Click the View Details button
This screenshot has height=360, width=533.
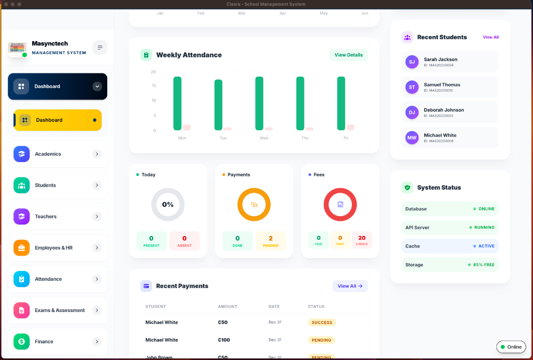[x=348, y=55]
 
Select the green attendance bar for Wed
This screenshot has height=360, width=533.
[x=259, y=103]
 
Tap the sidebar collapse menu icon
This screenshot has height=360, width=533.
[x=100, y=47]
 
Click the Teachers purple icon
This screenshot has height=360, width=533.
[x=21, y=217]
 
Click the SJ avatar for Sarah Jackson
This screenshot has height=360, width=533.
[x=412, y=62]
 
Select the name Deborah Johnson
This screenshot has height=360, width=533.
[x=443, y=110]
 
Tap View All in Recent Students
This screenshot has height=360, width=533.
[x=490, y=38]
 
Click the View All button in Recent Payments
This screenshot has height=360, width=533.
[x=350, y=286]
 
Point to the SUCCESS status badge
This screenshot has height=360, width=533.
[x=322, y=322]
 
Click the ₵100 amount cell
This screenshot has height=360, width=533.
[x=224, y=340]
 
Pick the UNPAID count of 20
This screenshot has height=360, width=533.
[x=362, y=241]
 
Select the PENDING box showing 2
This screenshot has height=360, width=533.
[x=270, y=241]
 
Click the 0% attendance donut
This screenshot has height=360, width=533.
[x=168, y=205]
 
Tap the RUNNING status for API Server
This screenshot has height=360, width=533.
[x=484, y=228]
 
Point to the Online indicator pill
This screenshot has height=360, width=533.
[x=511, y=347]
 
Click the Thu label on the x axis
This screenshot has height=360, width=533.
[x=305, y=138]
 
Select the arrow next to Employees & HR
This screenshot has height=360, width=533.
[x=97, y=248]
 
